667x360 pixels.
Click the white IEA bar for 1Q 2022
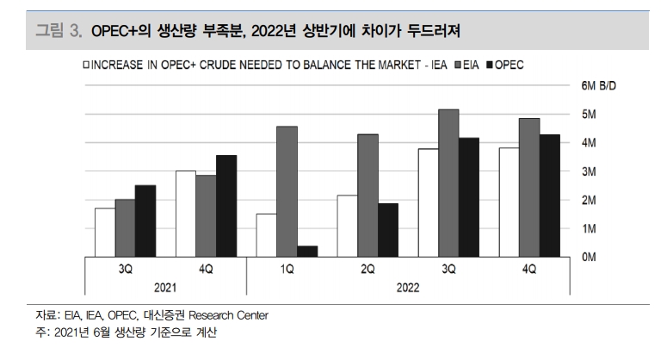click(x=266, y=235)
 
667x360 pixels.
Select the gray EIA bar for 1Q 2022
click(x=287, y=191)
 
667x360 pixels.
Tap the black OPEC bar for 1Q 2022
click(x=307, y=251)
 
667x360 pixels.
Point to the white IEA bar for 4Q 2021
click(x=185, y=214)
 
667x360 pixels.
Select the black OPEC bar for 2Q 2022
click(x=388, y=230)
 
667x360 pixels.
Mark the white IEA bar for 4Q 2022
click(x=509, y=202)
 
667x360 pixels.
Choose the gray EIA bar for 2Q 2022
click(x=367, y=196)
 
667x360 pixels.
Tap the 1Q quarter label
click(x=287, y=270)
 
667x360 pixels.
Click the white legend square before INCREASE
click(x=85, y=65)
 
